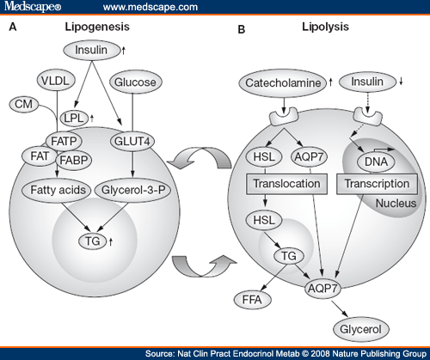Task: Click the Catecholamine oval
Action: pos(283,83)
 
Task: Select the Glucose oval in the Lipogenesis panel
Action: pos(136,82)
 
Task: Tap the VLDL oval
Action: pos(56,81)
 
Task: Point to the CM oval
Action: pos(24,104)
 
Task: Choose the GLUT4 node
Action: pos(132,141)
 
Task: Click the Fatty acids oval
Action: pos(57,190)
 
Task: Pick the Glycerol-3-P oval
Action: pos(132,190)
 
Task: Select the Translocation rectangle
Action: pos(286,184)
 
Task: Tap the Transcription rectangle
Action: pos(377,184)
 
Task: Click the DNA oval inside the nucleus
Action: pos(376,162)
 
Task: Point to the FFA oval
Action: pos(253,300)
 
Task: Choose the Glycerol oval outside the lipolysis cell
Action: pos(361,329)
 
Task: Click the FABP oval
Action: pos(74,161)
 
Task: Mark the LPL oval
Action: pos(74,118)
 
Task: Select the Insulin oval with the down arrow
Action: pos(367,82)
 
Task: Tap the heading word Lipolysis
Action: pos(325,27)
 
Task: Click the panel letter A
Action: pos(13,27)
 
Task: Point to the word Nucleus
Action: pos(396,204)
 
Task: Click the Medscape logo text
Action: pos(33,6)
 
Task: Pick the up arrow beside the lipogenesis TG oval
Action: pos(111,242)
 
